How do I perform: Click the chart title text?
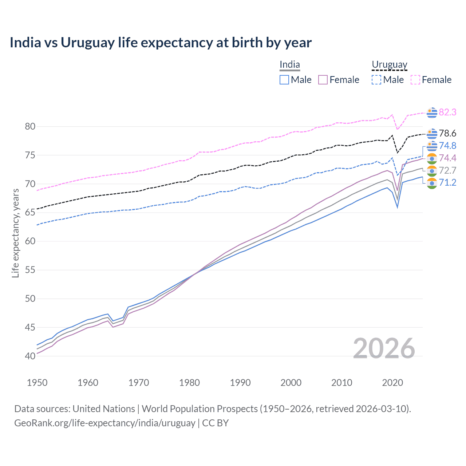(161, 43)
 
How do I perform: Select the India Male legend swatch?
(284, 80)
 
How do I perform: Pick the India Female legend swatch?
(323, 80)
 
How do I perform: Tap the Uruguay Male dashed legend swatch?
(376, 80)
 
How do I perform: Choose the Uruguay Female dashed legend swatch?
(415, 80)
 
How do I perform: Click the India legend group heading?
(290, 65)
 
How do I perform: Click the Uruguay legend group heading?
(389, 65)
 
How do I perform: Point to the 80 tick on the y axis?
(30, 127)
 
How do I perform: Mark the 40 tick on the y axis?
(30, 356)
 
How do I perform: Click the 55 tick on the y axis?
(30, 270)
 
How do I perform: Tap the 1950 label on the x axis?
(37, 383)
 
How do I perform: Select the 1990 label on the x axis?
(240, 383)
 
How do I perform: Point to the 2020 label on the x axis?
(392, 383)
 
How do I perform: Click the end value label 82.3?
(447, 112)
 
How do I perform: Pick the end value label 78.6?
(447, 134)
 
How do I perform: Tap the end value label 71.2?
(447, 183)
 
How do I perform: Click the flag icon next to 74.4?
(432, 158)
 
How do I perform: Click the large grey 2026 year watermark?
(384, 348)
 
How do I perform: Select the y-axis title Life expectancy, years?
(15, 233)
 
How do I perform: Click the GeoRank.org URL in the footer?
(105, 423)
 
